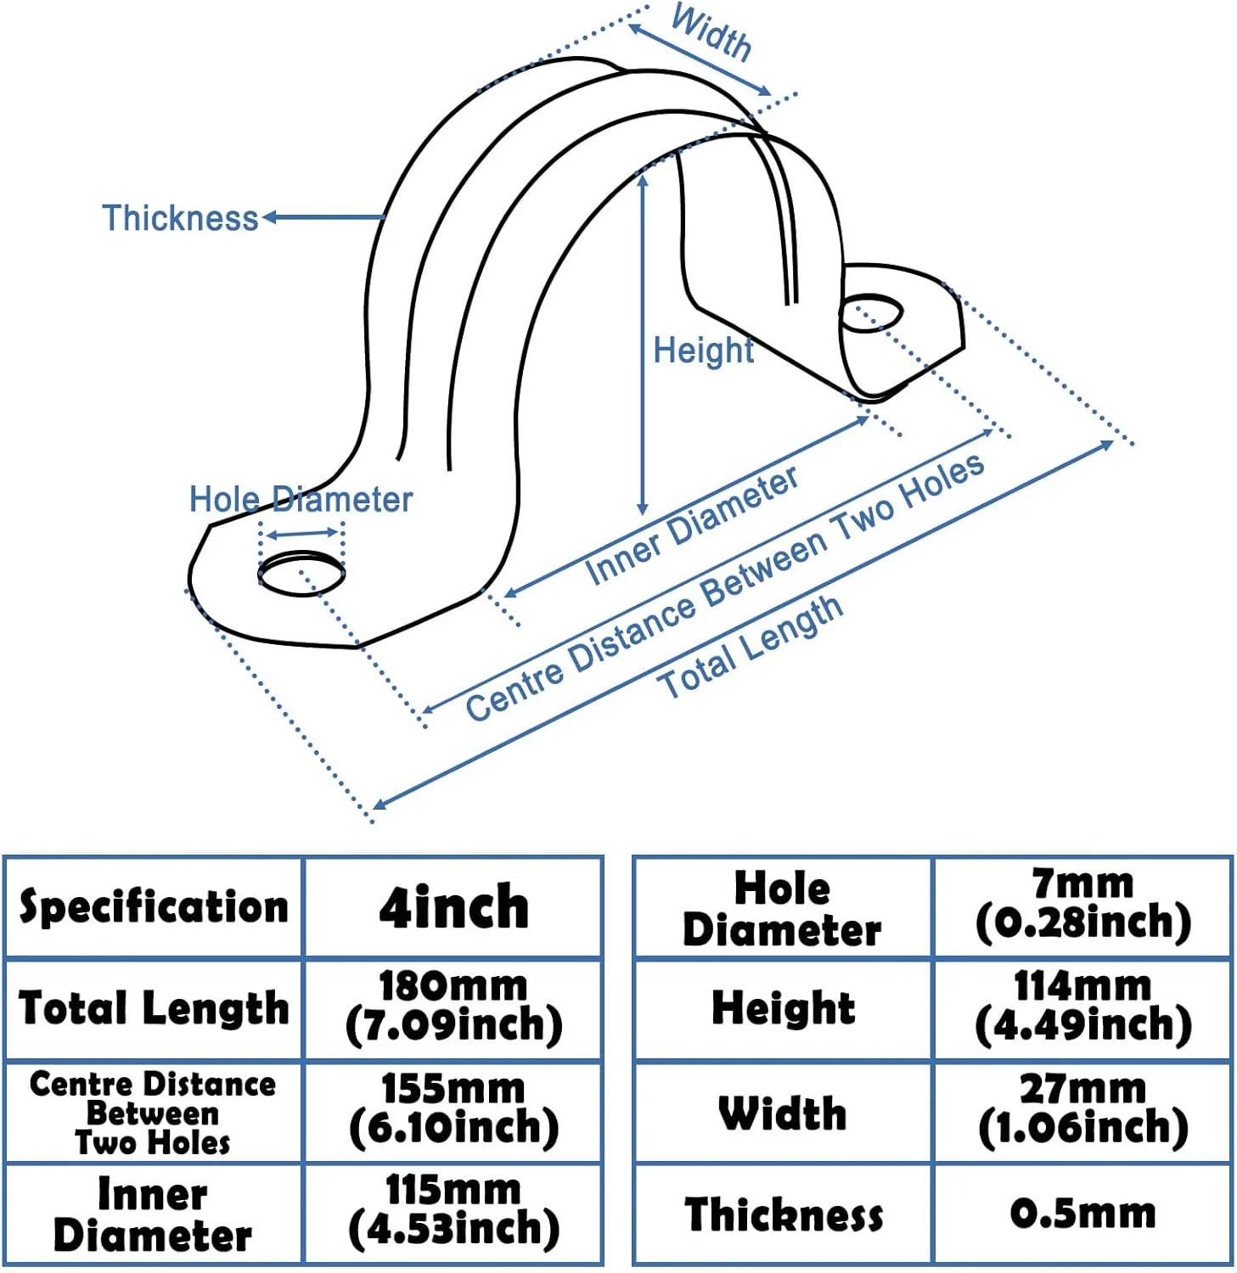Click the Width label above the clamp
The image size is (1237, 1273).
[711, 34]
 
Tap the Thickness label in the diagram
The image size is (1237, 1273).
[180, 218]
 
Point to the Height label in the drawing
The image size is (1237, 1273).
[703, 350]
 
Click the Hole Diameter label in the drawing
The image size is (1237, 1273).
[301, 499]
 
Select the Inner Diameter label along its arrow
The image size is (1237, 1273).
[692, 526]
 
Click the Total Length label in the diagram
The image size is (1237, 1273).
[751, 647]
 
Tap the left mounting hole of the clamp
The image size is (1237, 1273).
[301, 574]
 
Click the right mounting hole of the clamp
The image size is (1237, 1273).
[870, 313]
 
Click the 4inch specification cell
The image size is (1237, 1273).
[453, 907]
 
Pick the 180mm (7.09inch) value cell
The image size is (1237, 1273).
[453, 1007]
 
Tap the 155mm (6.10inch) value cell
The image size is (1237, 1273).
[453, 1109]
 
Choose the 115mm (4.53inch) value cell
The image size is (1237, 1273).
[453, 1211]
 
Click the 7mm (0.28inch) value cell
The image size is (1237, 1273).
[1082, 906]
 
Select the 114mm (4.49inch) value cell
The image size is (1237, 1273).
[1082, 1007]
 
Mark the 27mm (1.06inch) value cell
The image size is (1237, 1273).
[1082, 1109]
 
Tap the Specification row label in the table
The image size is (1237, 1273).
[154, 907]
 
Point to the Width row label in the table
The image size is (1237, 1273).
[782, 1113]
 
